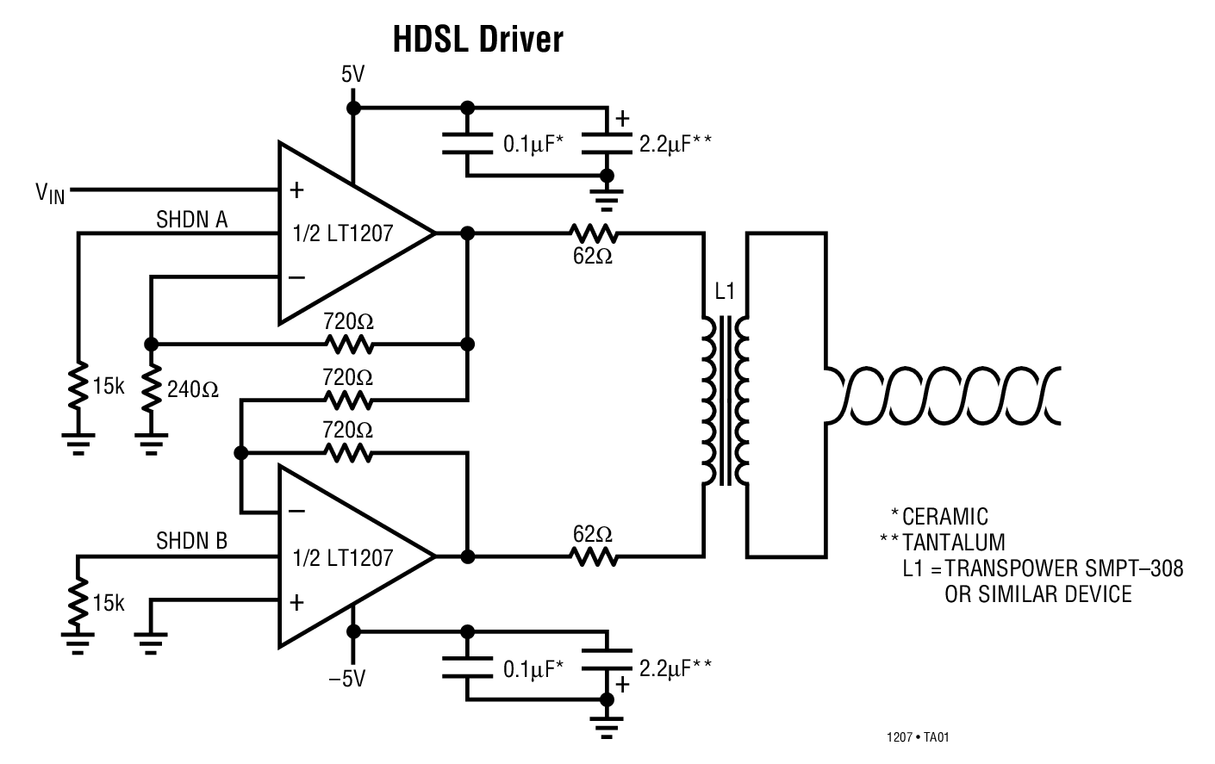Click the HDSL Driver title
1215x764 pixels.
coord(477,40)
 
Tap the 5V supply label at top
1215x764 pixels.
coord(352,75)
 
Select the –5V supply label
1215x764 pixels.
coord(346,679)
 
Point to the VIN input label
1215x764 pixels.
coord(50,193)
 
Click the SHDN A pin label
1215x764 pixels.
coord(191,220)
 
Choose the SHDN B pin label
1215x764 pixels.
coord(191,541)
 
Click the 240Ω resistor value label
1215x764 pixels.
coord(193,389)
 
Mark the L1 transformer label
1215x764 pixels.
coord(725,292)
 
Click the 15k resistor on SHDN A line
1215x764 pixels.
coord(78,386)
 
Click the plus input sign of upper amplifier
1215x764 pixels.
coord(296,190)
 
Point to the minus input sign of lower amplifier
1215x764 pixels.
coord(296,511)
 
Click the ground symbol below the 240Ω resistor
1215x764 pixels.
coord(152,444)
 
